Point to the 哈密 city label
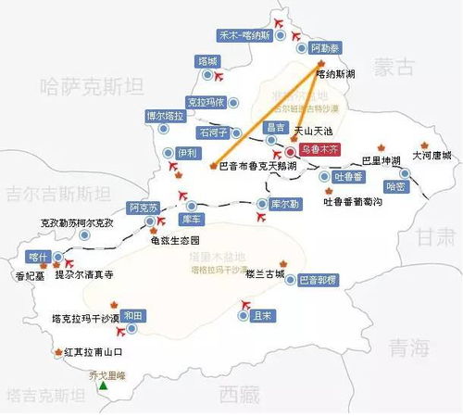tap(395, 185)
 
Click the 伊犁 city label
tap(187, 152)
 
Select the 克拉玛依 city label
tap(206, 102)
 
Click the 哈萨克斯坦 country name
tap(88, 86)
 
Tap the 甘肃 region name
tap(435, 237)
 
